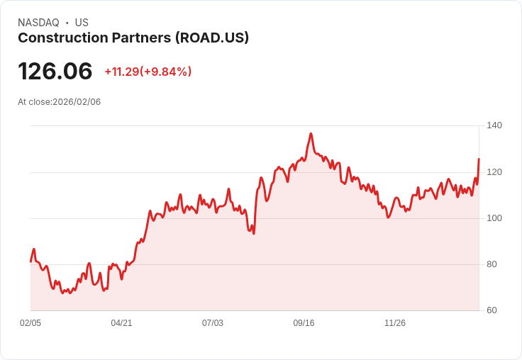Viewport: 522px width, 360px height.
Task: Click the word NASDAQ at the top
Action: (38, 23)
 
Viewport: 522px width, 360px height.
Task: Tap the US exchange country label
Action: (82, 23)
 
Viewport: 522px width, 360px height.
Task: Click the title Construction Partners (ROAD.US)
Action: (133, 38)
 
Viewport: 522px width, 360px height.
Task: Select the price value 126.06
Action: (55, 72)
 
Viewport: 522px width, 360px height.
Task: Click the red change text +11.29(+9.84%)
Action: (148, 72)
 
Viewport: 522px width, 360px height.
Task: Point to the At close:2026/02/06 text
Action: (60, 102)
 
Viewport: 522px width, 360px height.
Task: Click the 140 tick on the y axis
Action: (494, 125)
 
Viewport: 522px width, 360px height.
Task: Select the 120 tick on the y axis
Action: (494, 172)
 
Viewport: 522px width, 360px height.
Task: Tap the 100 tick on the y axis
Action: (494, 218)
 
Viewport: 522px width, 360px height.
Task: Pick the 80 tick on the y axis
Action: (494, 264)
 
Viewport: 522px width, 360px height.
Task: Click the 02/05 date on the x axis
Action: (30, 323)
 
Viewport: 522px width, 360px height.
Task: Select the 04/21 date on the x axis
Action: (121, 323)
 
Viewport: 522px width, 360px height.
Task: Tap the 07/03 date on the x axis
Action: (213, 323)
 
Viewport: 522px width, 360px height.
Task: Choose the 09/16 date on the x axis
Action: (304, 323)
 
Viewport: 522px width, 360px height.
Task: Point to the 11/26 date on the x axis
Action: (395, 323)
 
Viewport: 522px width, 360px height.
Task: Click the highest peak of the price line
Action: (311, 133)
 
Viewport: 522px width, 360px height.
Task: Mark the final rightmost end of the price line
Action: (479, 159)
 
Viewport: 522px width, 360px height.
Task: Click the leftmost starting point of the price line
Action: (30, 261)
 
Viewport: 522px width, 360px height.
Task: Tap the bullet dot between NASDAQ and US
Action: (67, 23)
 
